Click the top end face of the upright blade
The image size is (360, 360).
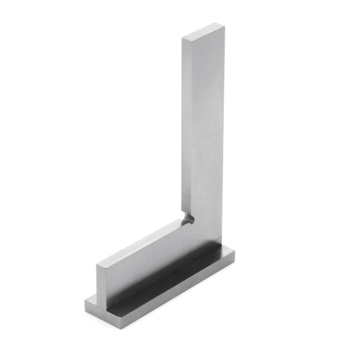pyautogui.click(x=204, y=32)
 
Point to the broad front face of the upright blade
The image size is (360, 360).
pyautogui.click(x=209, y=130)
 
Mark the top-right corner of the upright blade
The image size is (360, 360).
pyautogui.click(x=225, y=28)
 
